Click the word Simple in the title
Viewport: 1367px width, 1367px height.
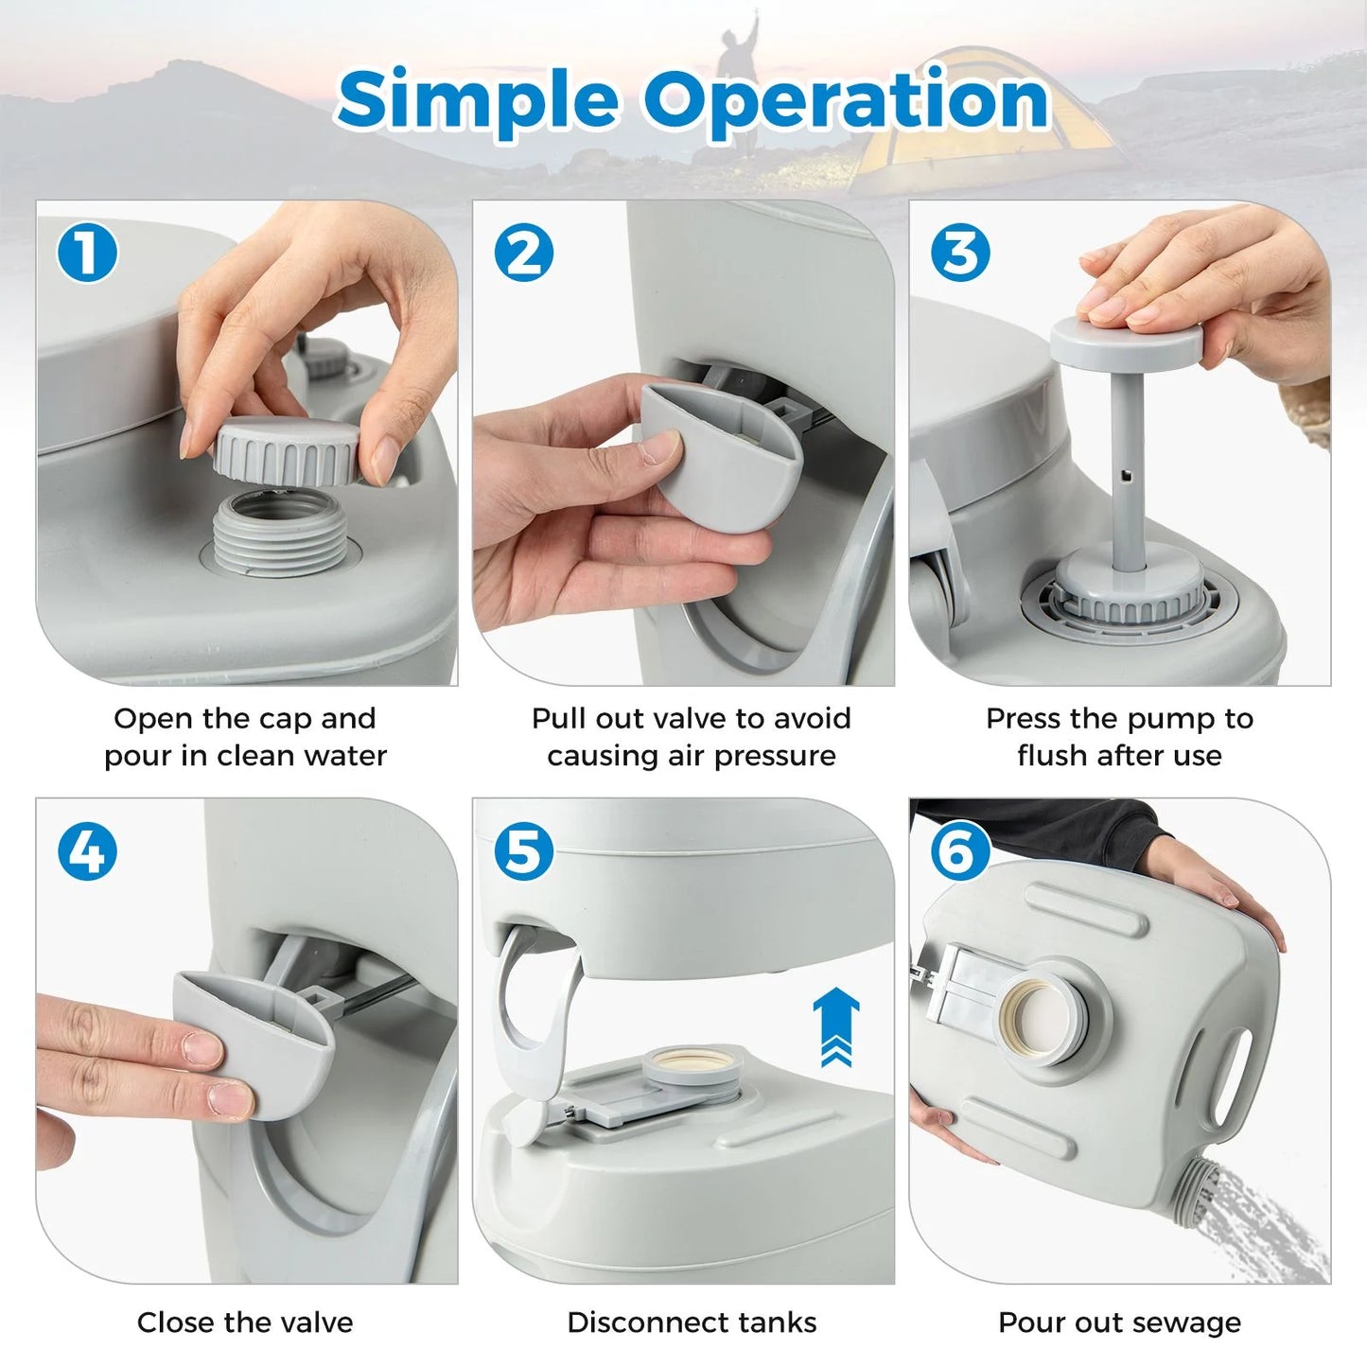478,99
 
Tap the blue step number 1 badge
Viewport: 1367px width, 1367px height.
86,254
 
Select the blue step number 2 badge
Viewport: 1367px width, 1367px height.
523,254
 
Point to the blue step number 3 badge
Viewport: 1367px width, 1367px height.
960,254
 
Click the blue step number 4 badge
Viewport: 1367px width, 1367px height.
86,851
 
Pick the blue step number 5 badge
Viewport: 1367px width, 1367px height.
523,851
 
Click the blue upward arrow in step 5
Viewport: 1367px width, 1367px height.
836,1026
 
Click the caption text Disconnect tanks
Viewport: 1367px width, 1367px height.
692,1322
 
